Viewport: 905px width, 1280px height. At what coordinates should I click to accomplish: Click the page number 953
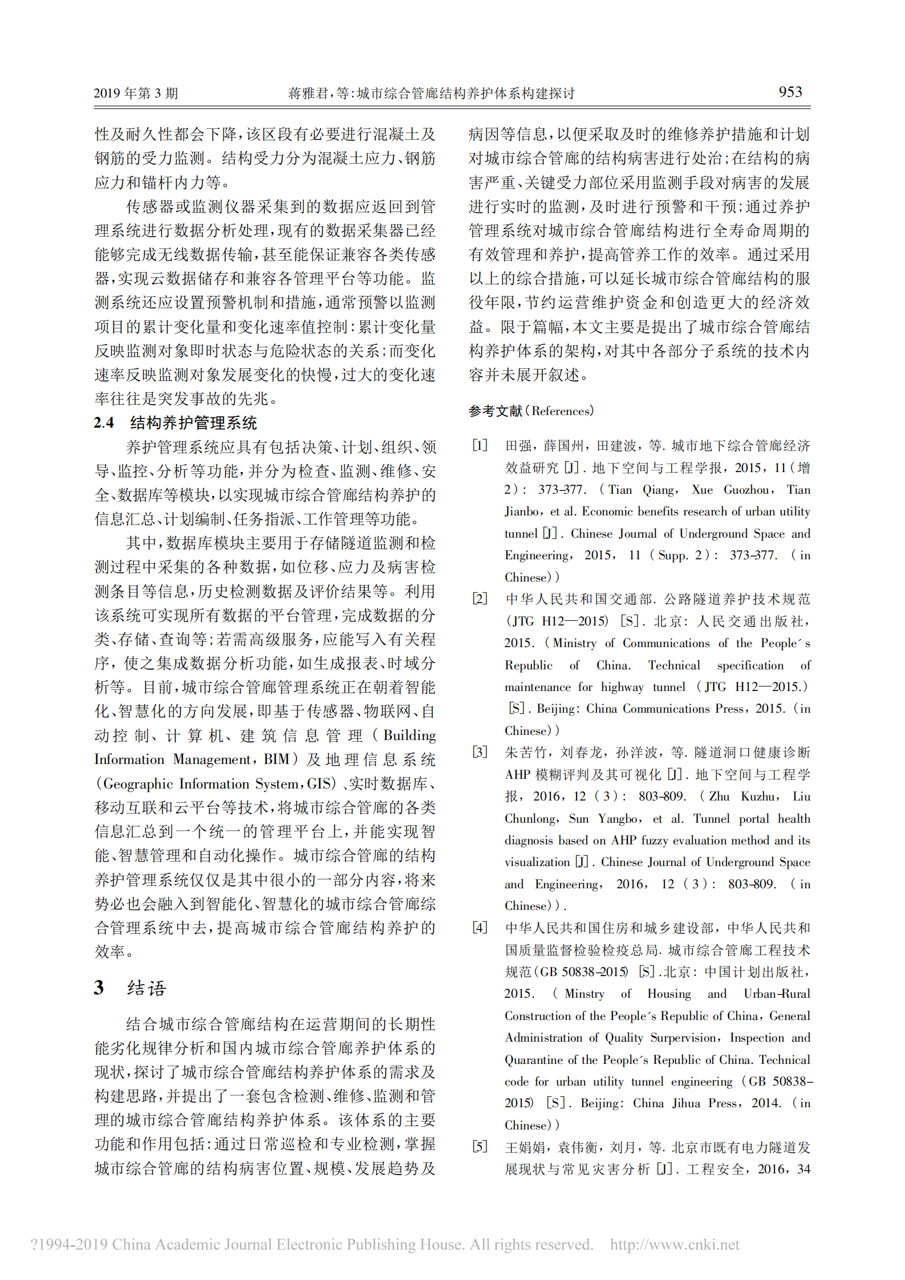[790, 92]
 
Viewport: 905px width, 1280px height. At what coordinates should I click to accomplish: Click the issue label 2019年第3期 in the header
[136, 93]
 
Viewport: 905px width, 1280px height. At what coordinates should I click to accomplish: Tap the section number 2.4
[104, 422]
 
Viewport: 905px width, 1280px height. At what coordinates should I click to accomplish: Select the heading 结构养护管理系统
[193, 422]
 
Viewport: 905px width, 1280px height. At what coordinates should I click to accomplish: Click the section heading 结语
[147, 988]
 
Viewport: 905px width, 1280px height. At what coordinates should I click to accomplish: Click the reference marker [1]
[480, 445]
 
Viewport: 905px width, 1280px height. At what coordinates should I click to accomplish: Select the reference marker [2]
[480, 599]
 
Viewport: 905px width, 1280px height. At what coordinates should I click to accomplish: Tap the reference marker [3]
[480, 752]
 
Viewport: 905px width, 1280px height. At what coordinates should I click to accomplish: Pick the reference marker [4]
[480, 928]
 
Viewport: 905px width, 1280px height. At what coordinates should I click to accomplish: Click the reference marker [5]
[480, 1147]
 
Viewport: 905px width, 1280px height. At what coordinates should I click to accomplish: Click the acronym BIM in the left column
[277, 759]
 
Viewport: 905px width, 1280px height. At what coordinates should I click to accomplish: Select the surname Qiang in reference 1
[659, 490]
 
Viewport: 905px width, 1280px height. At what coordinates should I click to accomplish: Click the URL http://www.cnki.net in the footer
[675, 1244]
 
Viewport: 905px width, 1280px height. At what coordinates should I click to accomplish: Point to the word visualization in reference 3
[537, 862]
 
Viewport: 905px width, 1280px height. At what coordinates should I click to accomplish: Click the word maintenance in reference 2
[537, 687]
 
